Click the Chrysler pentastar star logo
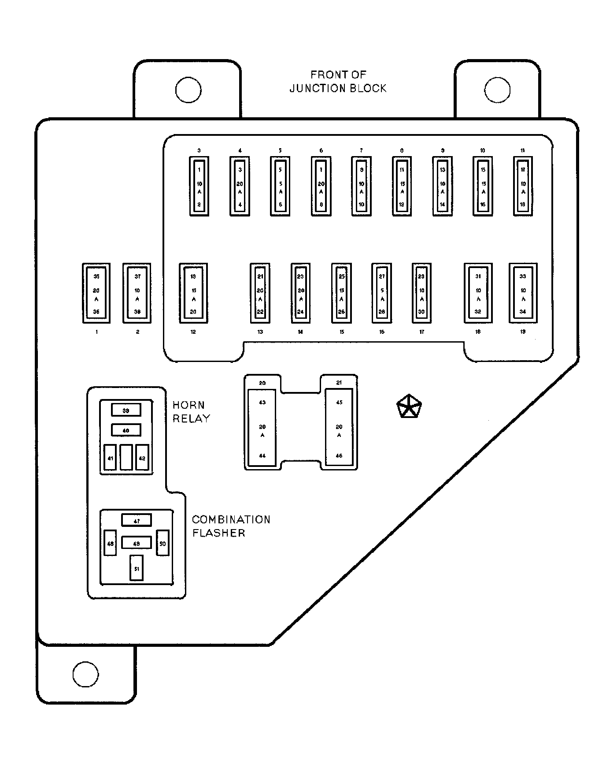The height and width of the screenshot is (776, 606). click(409, 407)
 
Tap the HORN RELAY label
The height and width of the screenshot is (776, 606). click(191, 412)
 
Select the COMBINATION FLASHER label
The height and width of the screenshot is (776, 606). click(231, 526)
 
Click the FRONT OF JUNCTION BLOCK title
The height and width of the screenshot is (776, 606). click(338, 82)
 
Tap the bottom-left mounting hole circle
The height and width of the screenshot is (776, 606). click(85, 674)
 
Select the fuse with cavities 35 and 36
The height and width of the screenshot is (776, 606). click(96, 293)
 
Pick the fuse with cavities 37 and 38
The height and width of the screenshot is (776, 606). click(137, 293)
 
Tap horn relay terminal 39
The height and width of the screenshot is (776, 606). click(126, 410)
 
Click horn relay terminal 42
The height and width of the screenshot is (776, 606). click(142, 458)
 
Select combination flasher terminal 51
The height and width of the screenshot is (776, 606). click(137, 568)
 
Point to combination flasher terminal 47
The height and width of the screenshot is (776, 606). click(137, 520)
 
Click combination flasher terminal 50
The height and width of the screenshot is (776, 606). click(163, 543)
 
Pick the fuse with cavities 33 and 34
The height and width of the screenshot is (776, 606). click(523, 293)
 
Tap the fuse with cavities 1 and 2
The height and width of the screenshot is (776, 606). click(199, 187)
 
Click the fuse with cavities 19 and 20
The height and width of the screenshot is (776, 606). click(193, 293)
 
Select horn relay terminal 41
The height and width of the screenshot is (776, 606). click(110, 458)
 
